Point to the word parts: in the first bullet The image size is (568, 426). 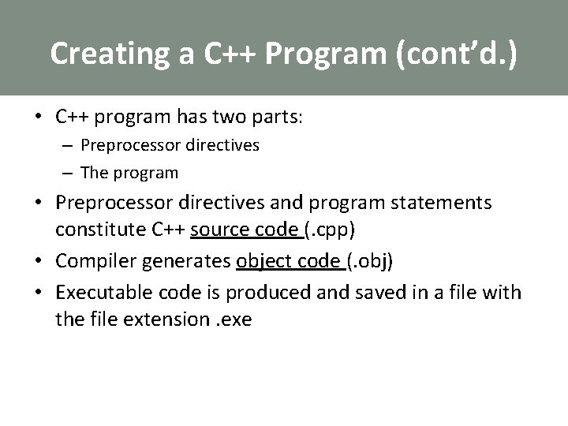(274, 118)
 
